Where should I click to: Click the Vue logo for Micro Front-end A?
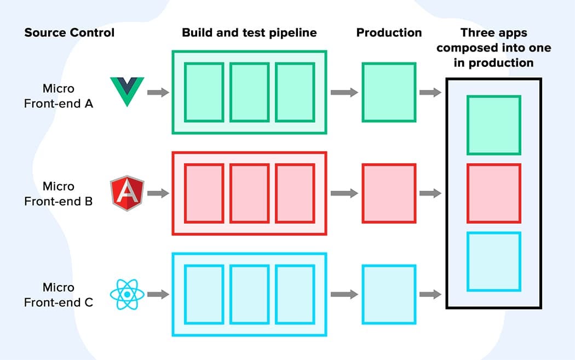(127, 91)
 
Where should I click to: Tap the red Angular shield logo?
(127, 194)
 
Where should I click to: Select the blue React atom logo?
(127, 294)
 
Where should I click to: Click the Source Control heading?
(70, 32)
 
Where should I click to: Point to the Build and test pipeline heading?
(249, 32)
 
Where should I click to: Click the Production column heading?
(389, 32)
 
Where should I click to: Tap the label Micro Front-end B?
(59, 194)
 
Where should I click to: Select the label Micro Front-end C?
(59, 295)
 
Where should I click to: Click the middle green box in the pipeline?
(249, 92)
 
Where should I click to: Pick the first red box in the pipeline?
(204, 193)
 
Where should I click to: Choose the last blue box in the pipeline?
(295, 294)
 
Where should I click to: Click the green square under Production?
(389, 92)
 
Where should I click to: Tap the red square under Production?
(389, 193)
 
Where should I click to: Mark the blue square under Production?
(389, 294)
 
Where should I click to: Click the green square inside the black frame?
(493, 125)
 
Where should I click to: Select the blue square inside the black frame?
(493, 262)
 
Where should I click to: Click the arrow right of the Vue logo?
(158, 92)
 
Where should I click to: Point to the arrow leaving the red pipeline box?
(344, 193)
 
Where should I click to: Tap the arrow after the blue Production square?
(430, 294)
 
